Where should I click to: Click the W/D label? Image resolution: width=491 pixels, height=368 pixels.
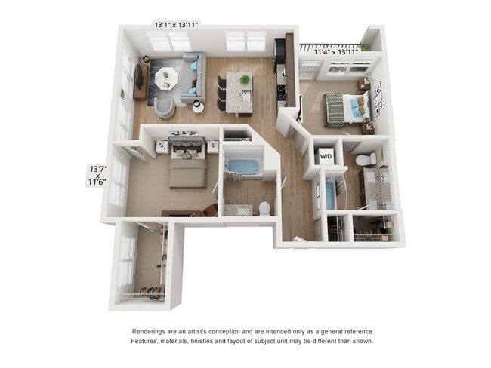(326, 157)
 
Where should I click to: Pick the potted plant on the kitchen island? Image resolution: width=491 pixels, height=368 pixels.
(245, 79)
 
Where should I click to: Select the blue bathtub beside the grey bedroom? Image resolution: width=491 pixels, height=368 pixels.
(242, 167)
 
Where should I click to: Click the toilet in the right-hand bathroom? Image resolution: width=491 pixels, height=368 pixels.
(366, 159)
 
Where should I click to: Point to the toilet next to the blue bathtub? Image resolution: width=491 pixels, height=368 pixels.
(264, 208)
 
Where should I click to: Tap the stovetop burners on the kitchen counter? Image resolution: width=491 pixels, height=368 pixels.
(282, 92)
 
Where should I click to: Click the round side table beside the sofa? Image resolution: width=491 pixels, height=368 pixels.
(197, 106)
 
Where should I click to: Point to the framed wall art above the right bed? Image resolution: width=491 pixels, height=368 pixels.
(378, 97)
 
